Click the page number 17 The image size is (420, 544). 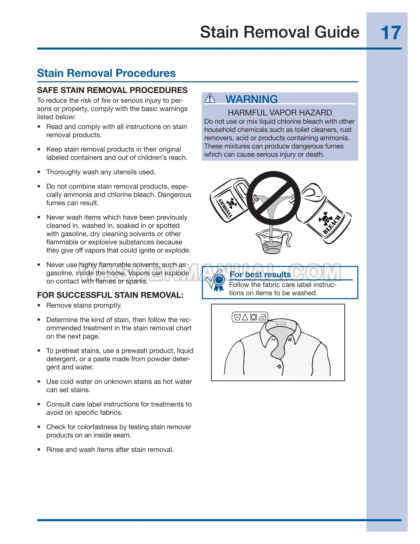click(391, 33)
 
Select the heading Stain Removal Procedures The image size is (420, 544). click(106, 73)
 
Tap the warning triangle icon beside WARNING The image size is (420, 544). click(210, 98)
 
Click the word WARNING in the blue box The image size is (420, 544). click(251, 99)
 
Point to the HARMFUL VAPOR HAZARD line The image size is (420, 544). click(280, 113)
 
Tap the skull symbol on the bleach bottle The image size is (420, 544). click(325, 218)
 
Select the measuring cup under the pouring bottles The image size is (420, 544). click(272, 241)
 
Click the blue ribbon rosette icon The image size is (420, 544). click(219, 281)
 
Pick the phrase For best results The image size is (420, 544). click(260, 275)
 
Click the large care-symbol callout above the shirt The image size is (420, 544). click(250, 317)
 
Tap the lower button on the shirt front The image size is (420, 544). click(279, 366)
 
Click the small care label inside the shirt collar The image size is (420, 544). click(281, 323)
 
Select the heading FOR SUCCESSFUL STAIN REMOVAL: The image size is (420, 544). click(110, 295)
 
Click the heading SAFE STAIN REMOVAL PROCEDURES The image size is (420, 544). click(112, 90)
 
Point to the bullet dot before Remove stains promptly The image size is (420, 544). click(39, 305)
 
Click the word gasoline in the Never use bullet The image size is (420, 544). click(59, 273)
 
